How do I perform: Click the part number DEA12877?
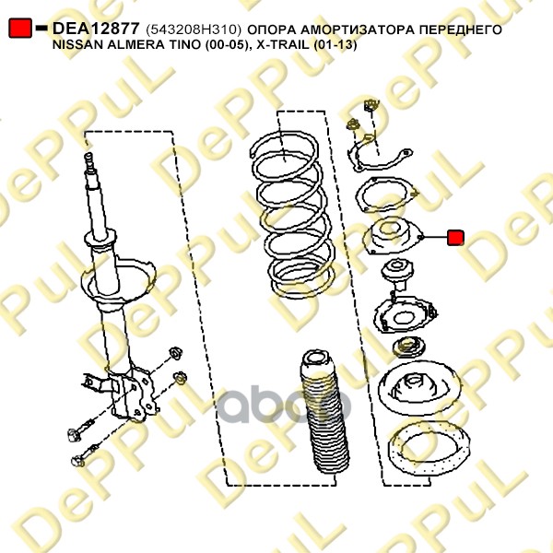[x=96, y=29]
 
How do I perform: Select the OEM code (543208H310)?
[x=194, y=30]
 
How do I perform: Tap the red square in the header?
[x=20, y=28]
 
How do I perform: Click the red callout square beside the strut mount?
[x=455, y=238]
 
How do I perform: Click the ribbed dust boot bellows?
[x=324, y=416]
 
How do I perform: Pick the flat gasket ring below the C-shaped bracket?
[x=387, y=195]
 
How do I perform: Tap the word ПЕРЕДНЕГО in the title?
[x=460, y=30]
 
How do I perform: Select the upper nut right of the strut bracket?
[x=175, y=353]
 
